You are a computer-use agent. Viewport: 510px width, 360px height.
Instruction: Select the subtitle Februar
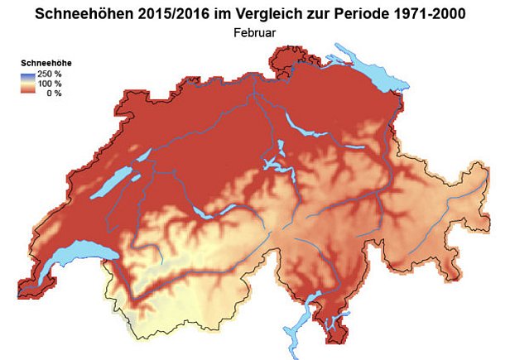[254, 33]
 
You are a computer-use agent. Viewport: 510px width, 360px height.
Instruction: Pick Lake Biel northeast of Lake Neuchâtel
[142, 156]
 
